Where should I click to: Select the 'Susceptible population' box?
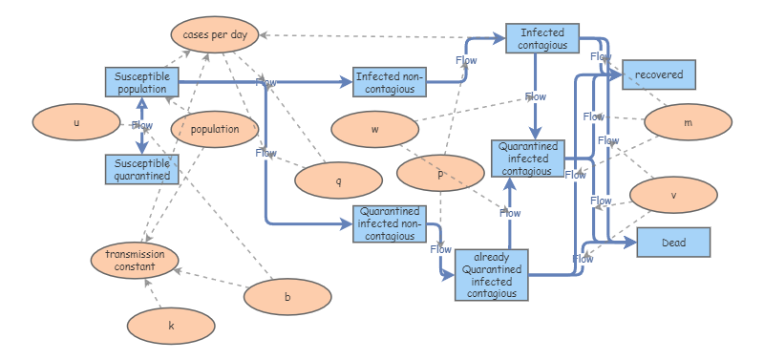[141, 82]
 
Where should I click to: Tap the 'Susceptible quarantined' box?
[141, 169]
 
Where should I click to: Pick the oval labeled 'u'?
[76, 123]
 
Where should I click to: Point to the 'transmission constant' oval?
[136, 261]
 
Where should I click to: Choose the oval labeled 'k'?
[171, 326]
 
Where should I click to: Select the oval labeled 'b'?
[287, 297]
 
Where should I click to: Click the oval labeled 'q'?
[338, 180]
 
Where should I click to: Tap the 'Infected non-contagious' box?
[390, 82]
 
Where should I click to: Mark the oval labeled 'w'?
[374, 129]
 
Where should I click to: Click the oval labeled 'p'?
[440, 174]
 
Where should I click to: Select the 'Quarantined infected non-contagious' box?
[390, 223]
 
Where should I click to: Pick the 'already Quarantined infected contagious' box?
[491, 275]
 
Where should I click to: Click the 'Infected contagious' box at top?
[542, 38]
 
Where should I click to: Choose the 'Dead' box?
[673, 244]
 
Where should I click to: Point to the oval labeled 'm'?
[688, 123]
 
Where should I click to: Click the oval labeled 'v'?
[673, 195]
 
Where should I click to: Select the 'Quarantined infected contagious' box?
[528, 158]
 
